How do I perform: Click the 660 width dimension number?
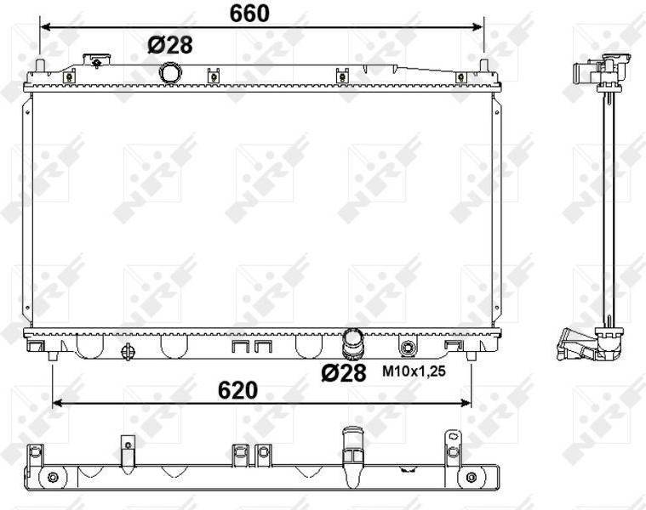249,14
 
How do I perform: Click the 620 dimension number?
237,390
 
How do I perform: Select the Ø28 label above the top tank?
170,45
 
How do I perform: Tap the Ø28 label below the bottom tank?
344,372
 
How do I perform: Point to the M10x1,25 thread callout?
414,371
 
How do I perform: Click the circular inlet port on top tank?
169,73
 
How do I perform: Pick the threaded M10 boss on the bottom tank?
409,348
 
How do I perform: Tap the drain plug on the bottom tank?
129,352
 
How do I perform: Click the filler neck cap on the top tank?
97,60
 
